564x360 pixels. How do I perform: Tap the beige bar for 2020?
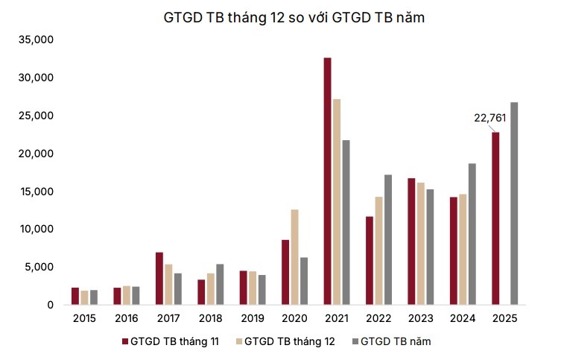pos(294,257)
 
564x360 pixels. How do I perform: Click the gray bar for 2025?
pos(514,203)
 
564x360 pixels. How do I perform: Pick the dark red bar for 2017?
pos(159,279)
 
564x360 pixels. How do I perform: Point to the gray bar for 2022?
pos(387,239)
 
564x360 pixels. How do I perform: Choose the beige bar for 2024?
pos(463,249)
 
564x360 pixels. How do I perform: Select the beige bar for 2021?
pos(337,202)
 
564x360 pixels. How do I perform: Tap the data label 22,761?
pos(489,117)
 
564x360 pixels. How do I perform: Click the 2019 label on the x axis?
pos(252,318)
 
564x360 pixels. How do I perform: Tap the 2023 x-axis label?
pos(420,318)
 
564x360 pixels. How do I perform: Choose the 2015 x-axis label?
pos(84,318)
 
